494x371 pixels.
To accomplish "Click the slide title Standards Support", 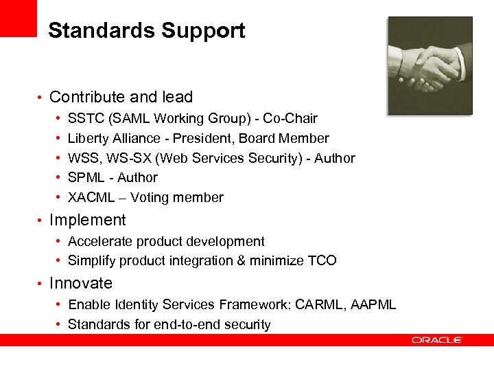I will (146, 31).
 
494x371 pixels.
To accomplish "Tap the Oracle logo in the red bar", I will (437, 339).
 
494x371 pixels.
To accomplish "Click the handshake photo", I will (430, 66).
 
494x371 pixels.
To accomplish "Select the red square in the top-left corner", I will (18, 18).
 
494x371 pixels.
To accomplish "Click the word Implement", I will (88, 220).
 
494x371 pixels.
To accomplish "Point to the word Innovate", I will (81, 283).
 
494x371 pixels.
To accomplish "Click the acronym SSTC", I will (84, 119).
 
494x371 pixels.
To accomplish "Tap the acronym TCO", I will (322, 260).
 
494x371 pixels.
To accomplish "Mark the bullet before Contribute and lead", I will (41, 98).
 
